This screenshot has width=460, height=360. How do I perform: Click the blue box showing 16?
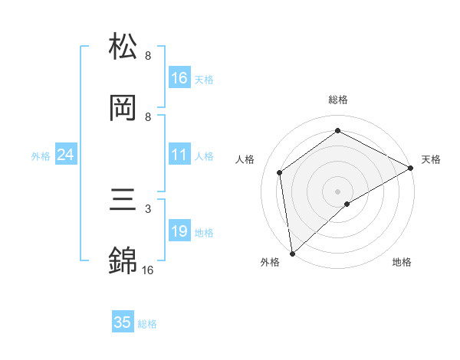click(179, 77)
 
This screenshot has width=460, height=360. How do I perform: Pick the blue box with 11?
click(179, 155)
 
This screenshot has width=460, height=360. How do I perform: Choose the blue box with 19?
click(179, 231)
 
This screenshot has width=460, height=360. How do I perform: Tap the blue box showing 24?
click(66, 155)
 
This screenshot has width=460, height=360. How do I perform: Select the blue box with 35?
click(123, 322)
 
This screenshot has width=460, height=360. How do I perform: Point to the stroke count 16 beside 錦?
click(147, 270)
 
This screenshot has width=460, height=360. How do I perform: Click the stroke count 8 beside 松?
click(147, 56)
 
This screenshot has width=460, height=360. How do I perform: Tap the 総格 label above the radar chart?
click(337, 100)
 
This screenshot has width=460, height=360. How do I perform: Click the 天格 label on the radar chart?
click(432, 159)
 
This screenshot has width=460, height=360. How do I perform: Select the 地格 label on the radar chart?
click(402, 262)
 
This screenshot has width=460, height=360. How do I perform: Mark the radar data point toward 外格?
click(292, 253)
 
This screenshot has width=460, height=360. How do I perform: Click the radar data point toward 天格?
click(411, 168)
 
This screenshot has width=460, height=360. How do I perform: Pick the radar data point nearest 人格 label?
click(280, 172)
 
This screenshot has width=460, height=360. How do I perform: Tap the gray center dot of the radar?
click(337, 191)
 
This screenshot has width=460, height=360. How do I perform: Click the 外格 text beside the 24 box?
click(41, 155)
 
